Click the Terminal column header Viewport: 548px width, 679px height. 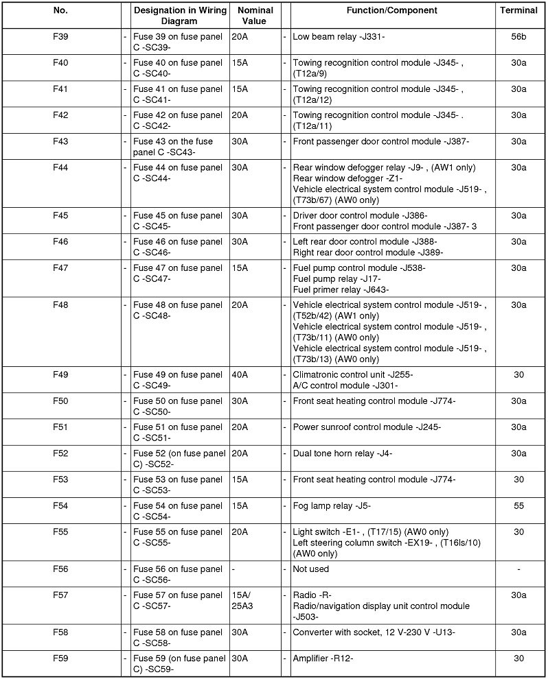tap(518, 10)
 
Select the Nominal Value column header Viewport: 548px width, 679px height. tap(255, 16)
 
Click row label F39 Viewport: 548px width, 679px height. tap(60, 36)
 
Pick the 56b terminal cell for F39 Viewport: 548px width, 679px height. tap(518, 36)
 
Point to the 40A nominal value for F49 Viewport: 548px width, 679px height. tap(240, 374)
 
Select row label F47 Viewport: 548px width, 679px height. tap(60, 267)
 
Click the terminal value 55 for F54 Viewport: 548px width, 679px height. tap(518, 505)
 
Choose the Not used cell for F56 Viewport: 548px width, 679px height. tap(311, 569)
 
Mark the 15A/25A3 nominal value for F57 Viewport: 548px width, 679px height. tap(245, 600)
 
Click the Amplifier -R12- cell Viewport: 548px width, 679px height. tap(323, 658)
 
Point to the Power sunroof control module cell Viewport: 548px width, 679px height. tap(367, 427)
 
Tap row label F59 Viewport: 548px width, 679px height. tap(60, 658)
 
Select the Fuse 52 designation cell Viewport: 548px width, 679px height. tap(178, 458)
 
